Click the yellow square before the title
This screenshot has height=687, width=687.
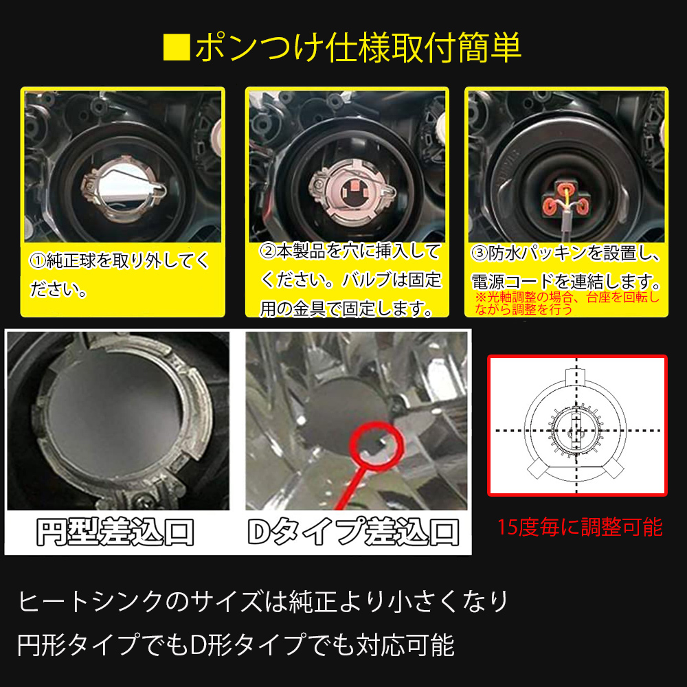point(177,48)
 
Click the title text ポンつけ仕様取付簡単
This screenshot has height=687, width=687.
point(357,48)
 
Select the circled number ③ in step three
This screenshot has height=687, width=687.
point(480,253)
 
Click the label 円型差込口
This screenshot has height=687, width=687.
point(115,530)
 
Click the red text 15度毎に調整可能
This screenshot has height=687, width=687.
point(579,527)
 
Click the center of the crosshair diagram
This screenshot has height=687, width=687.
point(576,429)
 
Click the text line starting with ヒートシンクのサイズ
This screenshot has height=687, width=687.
point(263,602)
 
